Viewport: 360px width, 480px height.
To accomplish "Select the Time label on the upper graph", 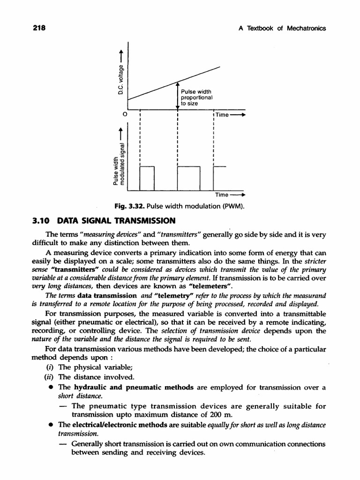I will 222,115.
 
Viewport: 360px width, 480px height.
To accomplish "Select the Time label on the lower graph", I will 222,195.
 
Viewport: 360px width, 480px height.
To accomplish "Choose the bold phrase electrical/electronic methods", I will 127,424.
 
